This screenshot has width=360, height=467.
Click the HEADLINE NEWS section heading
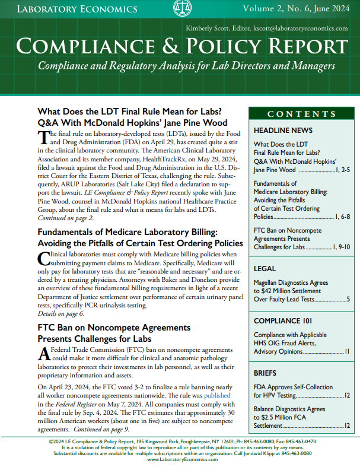tap(281, 130)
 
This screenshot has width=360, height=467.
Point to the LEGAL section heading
tap(265, 268)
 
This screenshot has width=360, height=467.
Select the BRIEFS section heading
tap(265, 374)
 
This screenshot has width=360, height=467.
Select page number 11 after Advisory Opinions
tap(347, 352)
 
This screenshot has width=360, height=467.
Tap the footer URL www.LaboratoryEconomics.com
tap(180, 459)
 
